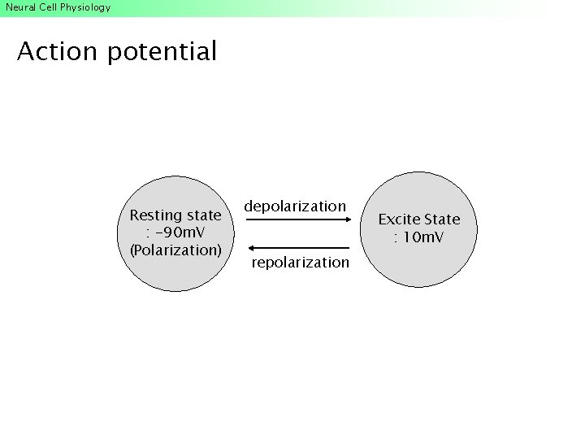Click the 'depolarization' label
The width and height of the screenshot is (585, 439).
pyautogui.click(x=295, y=206)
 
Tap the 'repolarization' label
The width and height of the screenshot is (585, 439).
pyautogui.click(x=300, y=263)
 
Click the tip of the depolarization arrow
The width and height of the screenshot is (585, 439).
pyautogui.click(x=349, y=219)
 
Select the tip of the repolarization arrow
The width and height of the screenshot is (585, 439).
pyautogui.click(x=247, y=247)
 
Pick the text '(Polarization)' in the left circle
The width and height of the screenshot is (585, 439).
pyautogui.click(x=175, y=250)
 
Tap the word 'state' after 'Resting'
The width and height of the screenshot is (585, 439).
pyautogui.click(x=203, y=215)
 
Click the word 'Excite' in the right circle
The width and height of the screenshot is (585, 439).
pyautogui.click(x=398, y=219)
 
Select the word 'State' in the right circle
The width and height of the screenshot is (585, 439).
pyautogui.click(x=441, y=219)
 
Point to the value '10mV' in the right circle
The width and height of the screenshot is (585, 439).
pyautogui.click(x=422, y=237)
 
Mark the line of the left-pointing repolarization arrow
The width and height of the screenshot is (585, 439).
pyautogui.click(x=301, y=247)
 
